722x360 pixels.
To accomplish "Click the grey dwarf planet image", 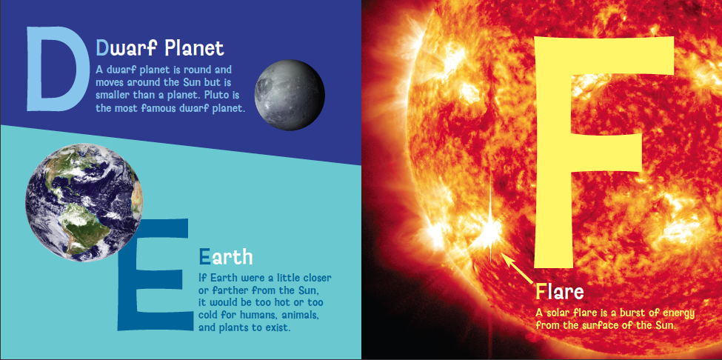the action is point(290,95).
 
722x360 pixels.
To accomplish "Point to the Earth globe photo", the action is point(84,202).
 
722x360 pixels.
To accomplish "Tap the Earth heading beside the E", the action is point(226,257).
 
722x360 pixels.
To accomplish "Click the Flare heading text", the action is point(560,291).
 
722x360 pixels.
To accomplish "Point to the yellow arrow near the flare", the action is point(518,269).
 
